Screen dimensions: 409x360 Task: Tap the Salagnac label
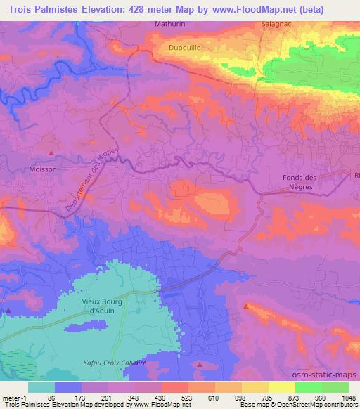coord(274,23)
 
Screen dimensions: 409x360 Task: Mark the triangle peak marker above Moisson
coord(51,152)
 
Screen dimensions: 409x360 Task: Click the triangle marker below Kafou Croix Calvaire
coord(199,365)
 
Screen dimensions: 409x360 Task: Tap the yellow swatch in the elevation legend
coord(281,387)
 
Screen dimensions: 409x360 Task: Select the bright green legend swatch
coord(308,387)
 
